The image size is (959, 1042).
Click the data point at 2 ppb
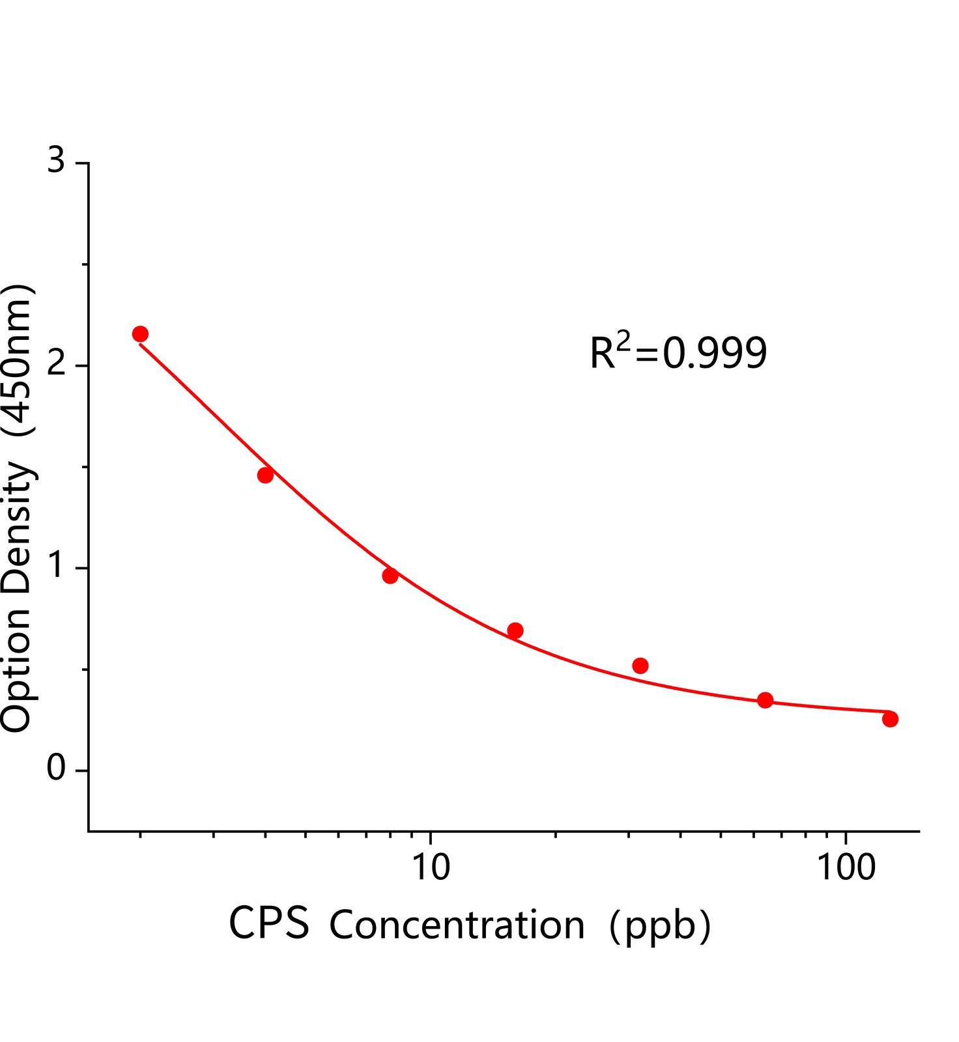tap(140, 334)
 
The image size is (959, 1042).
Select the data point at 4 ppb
tap(265, 475)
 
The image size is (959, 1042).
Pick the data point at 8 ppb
tap(390, 576)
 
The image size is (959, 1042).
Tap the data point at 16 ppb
tap(515, 630)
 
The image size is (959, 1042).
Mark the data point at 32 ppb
tap(640, 666)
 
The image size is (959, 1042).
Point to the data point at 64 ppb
tap(766, 700)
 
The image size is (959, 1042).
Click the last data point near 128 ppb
tap(891, 719)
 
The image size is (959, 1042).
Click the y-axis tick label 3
tap(57, 160)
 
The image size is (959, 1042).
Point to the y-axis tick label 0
tap(57, 770)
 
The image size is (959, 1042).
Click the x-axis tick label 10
tap(430, 867)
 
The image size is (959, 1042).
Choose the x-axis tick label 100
tap(846, 867)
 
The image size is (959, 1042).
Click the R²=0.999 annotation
tap(678, 353)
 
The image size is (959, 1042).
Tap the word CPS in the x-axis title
tap(269, 923)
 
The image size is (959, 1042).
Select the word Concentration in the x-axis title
tap(457, 925)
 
